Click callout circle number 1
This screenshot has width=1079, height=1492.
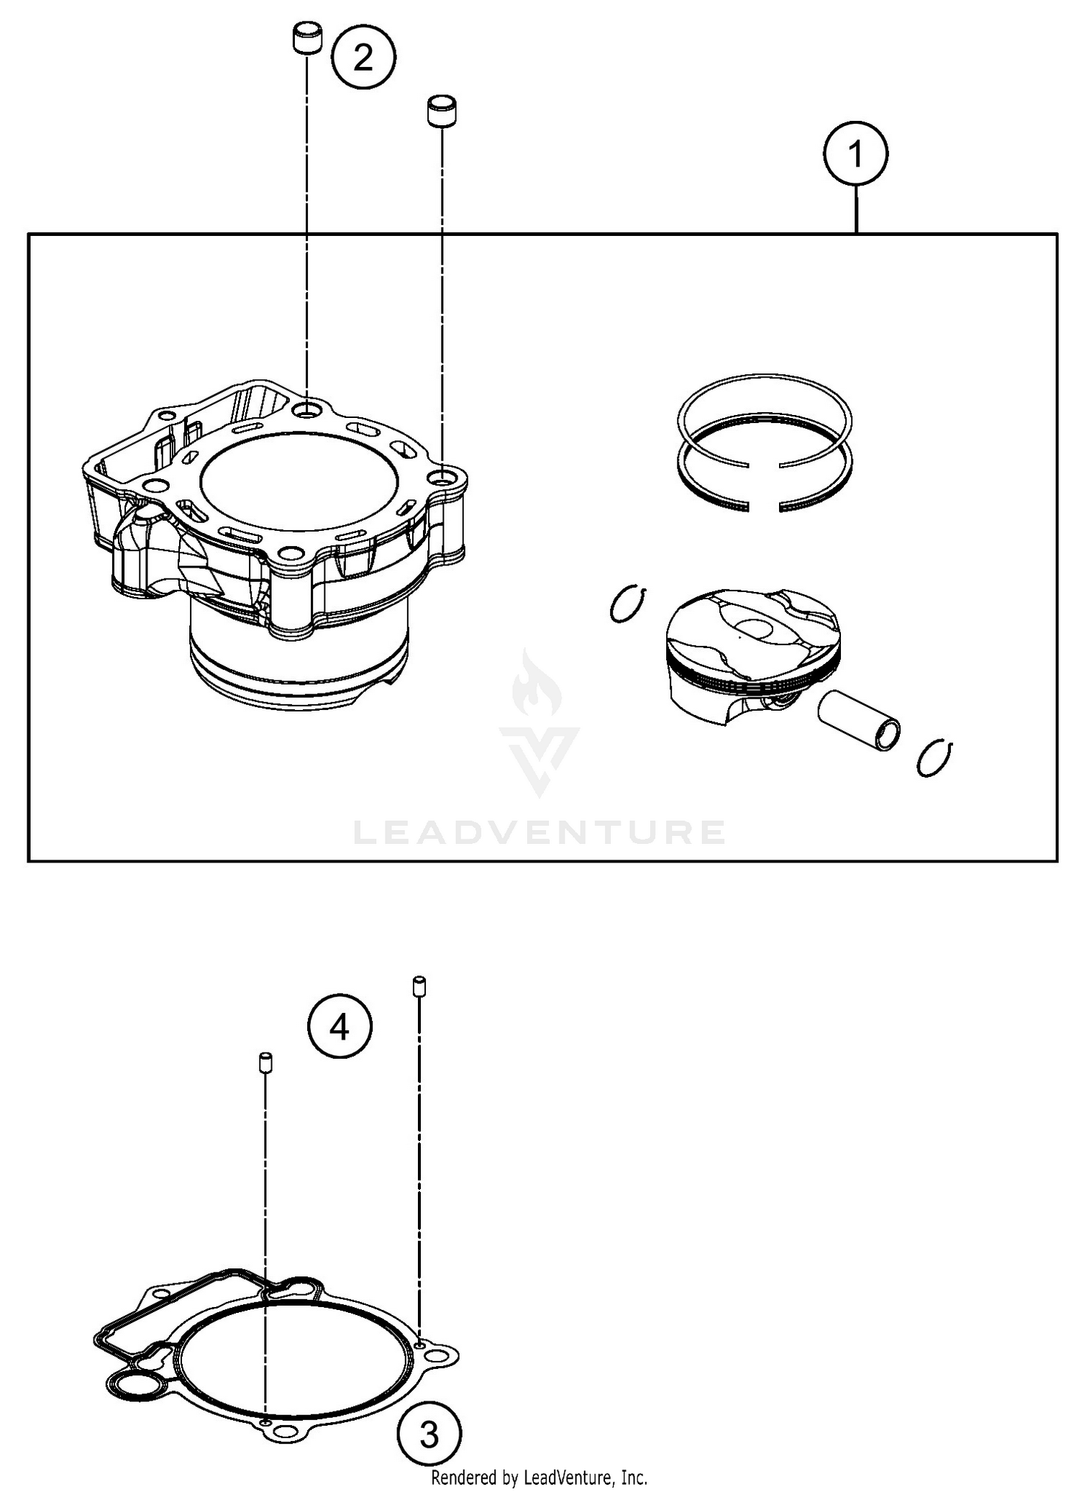855,154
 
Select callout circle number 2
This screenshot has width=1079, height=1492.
363,57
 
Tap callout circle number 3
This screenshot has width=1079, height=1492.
429,1436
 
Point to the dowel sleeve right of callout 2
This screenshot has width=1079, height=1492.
443,110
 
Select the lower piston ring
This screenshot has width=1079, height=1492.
765,496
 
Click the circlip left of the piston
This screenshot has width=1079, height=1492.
628,604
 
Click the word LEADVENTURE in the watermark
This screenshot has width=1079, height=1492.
539,832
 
